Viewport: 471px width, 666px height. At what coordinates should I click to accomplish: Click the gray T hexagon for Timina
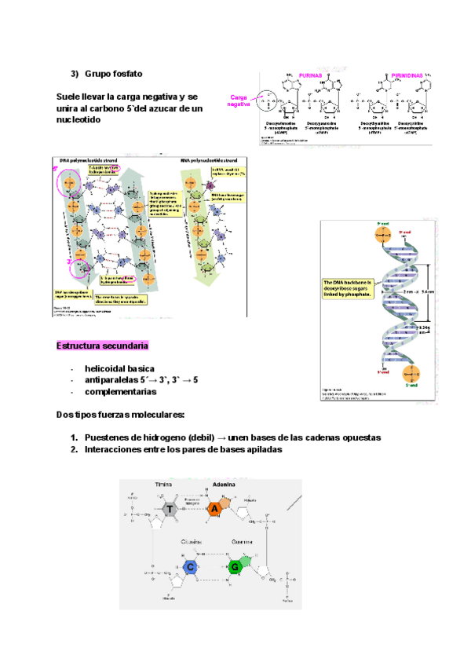tap(170, 510)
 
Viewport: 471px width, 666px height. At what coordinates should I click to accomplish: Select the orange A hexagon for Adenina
tap(217, 510)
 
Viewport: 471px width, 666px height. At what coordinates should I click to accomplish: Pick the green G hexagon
tap(234, 565)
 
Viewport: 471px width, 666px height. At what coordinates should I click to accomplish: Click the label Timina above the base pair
tap(163, 485)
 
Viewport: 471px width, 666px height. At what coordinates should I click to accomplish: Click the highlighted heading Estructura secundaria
tap(103, 346)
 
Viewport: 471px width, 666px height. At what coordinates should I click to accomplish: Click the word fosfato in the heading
tap(126, 73)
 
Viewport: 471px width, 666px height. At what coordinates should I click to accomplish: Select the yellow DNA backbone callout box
tap(351, 288)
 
